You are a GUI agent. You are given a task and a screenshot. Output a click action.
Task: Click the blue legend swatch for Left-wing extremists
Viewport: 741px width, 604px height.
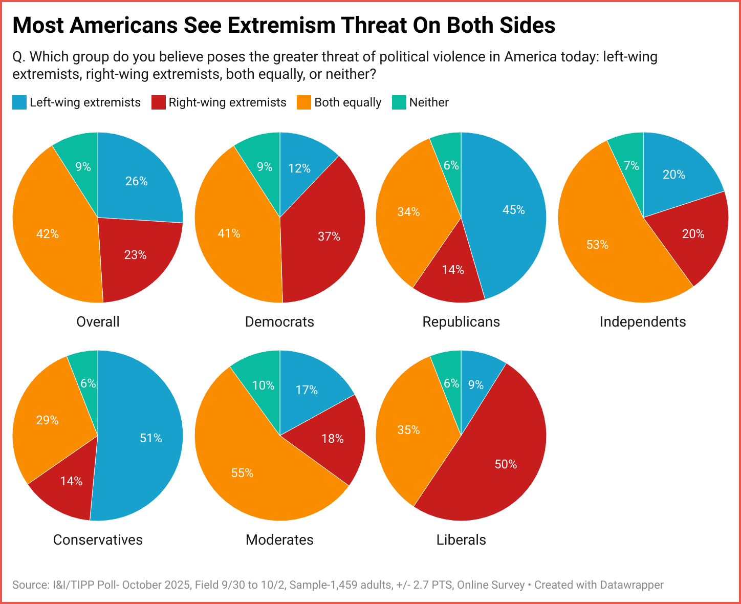tap(19, 102)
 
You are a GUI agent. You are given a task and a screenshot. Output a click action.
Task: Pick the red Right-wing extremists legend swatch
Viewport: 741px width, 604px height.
tap(159, 102)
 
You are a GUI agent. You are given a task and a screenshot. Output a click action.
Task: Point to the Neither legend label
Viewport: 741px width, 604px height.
tap(429, 102)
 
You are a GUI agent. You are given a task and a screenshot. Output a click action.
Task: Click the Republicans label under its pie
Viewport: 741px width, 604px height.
tap(461, 321)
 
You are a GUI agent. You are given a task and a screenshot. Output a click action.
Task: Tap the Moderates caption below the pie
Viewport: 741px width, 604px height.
tap(279, 540)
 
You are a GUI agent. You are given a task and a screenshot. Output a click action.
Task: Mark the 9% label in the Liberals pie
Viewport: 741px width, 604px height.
tap(476, 385)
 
